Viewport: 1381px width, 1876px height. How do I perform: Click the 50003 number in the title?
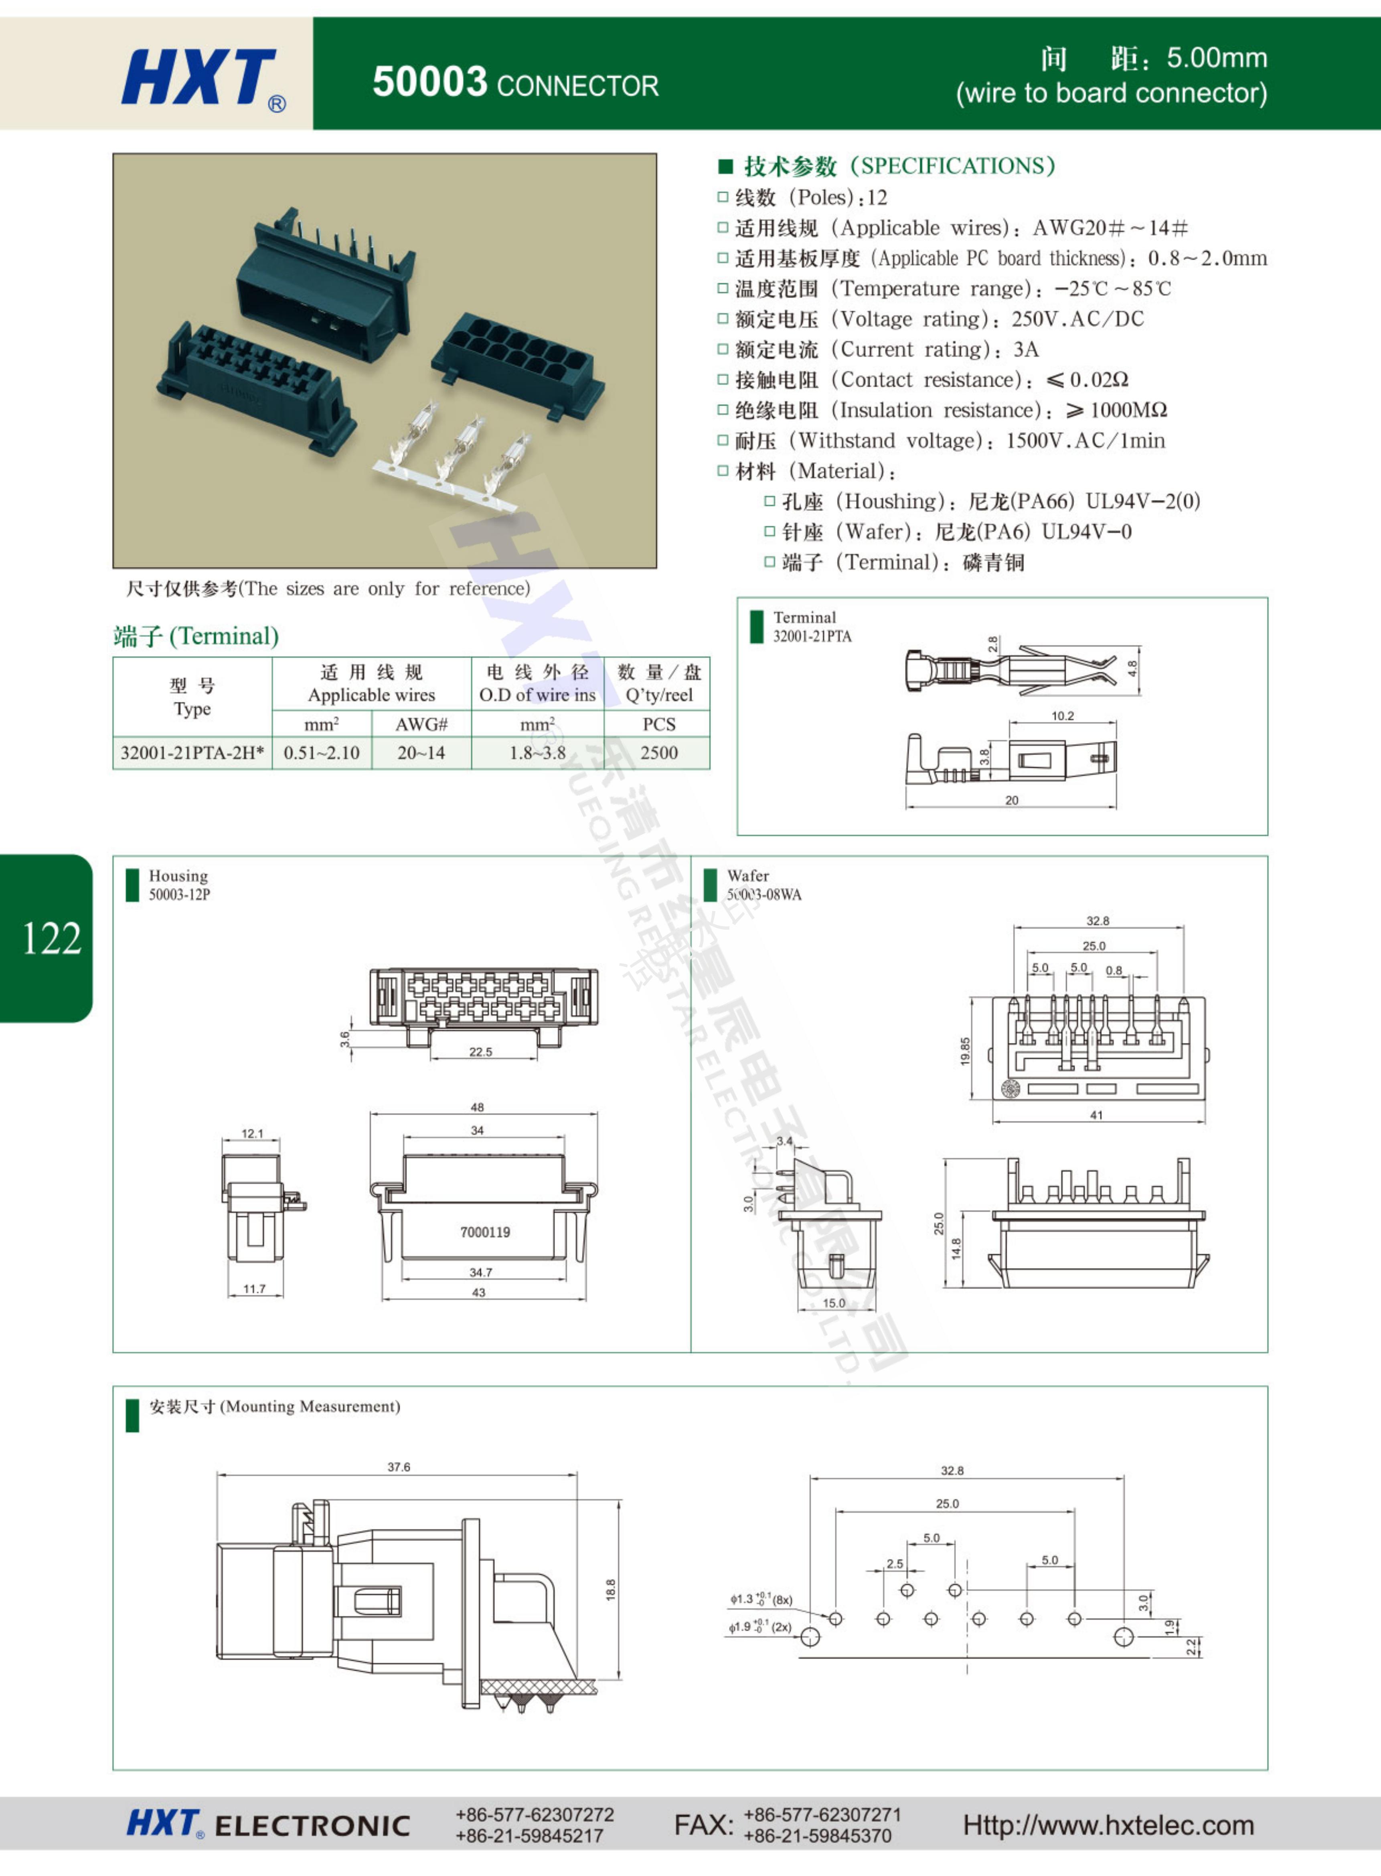coord(430,82)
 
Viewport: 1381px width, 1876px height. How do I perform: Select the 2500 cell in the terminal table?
coord(659,753)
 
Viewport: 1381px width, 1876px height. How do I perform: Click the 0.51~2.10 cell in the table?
coord(322,753)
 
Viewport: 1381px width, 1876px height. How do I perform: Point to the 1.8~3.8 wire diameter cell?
coord(537,753)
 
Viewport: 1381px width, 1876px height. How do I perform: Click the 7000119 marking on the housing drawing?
coord(485,1232)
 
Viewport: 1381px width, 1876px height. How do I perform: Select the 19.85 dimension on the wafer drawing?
coord(966,1051)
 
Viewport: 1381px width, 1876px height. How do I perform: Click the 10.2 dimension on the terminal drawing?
coord(1063,716)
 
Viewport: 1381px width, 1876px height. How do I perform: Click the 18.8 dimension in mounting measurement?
coord(611,1590)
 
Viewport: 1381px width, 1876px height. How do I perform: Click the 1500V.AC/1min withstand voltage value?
coord(1085,441)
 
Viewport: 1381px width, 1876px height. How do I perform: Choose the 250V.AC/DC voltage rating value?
coord(1077,319)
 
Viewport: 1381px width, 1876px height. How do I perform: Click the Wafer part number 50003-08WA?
coord(764,895)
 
